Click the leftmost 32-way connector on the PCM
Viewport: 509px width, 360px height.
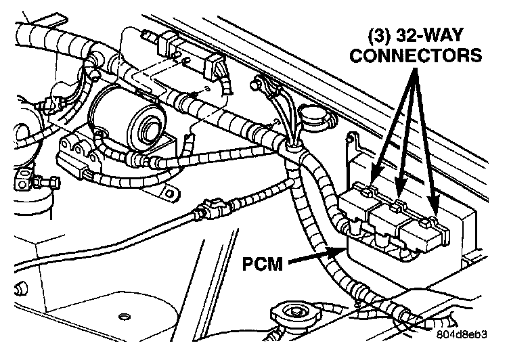coord(359,204)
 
